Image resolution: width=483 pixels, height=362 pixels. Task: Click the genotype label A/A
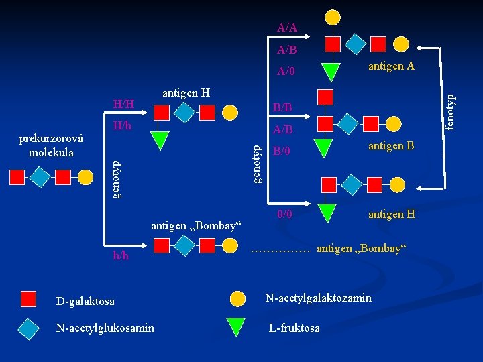click(287, 28)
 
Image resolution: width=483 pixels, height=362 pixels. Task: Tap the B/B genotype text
click(282, 107)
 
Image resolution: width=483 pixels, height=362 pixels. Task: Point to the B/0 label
click(282, 152)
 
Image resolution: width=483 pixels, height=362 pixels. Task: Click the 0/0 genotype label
click(284, 215)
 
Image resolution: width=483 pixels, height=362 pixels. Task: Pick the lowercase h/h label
click(121, 255)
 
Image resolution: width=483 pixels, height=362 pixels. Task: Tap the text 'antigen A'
click(391, 66)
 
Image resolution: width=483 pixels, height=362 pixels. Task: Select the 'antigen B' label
click(391, 146)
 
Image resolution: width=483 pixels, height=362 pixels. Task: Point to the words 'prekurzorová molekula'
click(52, 145)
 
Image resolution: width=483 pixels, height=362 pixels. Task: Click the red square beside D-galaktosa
click(28, 299)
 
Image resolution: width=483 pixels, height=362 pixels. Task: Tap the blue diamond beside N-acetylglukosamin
click(28, 327)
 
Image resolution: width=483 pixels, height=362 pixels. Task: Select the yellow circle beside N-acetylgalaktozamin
click(237, 298)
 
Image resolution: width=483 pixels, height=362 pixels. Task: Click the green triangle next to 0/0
click(327, 213)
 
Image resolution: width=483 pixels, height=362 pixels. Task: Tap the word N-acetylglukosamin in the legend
click(106, 328)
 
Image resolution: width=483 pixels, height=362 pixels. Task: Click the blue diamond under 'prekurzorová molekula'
click(40, 177)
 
